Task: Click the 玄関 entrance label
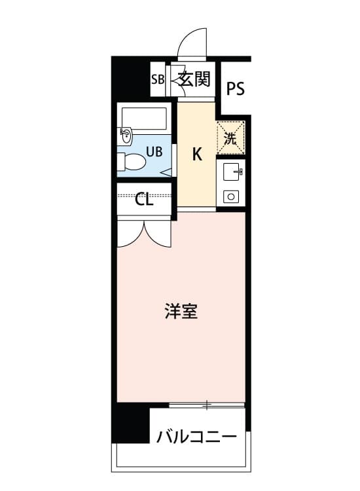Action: [194, 79]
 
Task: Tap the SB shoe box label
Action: [158, 79]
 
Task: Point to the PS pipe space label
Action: [236, 88]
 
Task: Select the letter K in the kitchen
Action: [197, 154]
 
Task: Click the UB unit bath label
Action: [154, 152]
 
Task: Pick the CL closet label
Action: [144, 199]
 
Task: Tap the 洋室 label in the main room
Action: [181, 311]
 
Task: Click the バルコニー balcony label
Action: [196, 436]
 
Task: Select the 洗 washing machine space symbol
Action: [230, 138]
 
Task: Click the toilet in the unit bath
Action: [132, 162]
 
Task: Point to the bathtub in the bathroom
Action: [144, 118]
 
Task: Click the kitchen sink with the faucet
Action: [232, 172]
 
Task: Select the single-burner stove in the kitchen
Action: [231, 196]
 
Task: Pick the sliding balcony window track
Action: [207, 405]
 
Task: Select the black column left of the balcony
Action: [131, 423]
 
